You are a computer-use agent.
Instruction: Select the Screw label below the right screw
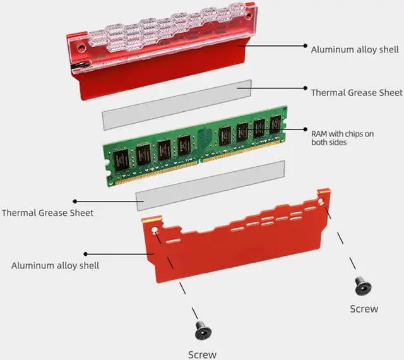point(364,309)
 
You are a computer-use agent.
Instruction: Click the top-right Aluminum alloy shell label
point(354,49)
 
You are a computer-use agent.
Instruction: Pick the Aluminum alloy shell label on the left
point(55,265)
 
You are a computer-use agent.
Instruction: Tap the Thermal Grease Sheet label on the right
point(356,92)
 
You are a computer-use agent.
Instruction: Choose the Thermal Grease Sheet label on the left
point(47,213)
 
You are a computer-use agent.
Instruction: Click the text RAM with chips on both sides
point(343,138)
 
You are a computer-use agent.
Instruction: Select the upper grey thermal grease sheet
point(177,104)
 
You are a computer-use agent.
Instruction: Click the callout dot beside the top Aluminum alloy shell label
point(306,47)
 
